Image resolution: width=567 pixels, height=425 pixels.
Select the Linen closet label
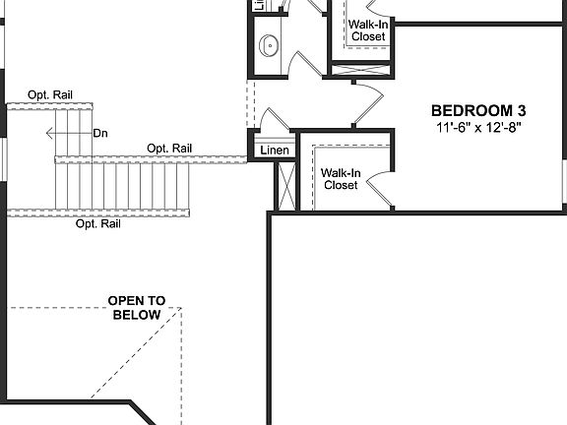[274, 151]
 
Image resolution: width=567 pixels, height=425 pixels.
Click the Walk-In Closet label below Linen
[341, 178]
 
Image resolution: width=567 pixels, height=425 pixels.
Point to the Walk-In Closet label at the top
[368, 30]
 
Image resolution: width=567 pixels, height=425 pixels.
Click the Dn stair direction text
[99, 133]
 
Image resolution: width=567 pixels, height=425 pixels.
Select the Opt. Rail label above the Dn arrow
[49, 94]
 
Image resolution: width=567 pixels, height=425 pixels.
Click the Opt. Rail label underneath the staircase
[97, 224]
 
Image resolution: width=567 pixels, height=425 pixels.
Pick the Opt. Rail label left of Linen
[168, 148]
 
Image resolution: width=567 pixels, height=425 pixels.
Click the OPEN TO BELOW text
[137, 308]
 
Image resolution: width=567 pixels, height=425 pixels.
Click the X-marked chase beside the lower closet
[286, 185]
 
